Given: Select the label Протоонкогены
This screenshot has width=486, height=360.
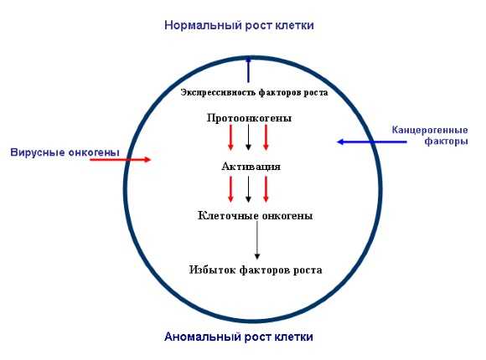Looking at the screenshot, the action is click(x=249, y=118).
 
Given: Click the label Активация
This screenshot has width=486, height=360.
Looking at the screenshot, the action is click(x=251, y=167).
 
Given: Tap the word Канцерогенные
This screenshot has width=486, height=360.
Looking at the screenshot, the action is click(x=430, y=130).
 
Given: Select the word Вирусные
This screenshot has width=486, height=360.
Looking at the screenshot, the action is click(x=38, y=152).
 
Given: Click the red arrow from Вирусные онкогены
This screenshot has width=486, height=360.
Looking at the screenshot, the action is click(x=121, y=160).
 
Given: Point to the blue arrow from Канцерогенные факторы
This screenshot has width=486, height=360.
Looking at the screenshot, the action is click(x=372, y=141).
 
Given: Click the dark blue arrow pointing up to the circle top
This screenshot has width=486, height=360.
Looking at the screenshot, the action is click(x=248, y=69).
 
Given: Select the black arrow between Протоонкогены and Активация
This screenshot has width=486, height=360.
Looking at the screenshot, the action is click(x=248, y=137).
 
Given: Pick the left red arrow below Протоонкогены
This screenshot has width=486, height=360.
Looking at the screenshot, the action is click(x=230, y=137).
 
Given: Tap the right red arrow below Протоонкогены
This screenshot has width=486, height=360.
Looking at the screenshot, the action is click(x=266, y=137).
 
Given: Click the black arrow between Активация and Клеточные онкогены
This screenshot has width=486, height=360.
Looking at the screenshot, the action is click(x=248, y=189).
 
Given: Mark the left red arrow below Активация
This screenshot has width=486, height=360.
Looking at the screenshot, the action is click(x=230, y=189).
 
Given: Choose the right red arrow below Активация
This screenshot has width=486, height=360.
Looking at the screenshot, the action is click(x=266, y=189).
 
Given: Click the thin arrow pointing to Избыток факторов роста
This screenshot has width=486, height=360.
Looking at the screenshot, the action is click(x=257, y=240).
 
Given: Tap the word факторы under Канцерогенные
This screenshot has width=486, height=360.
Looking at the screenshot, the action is click(x=446, y=141).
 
